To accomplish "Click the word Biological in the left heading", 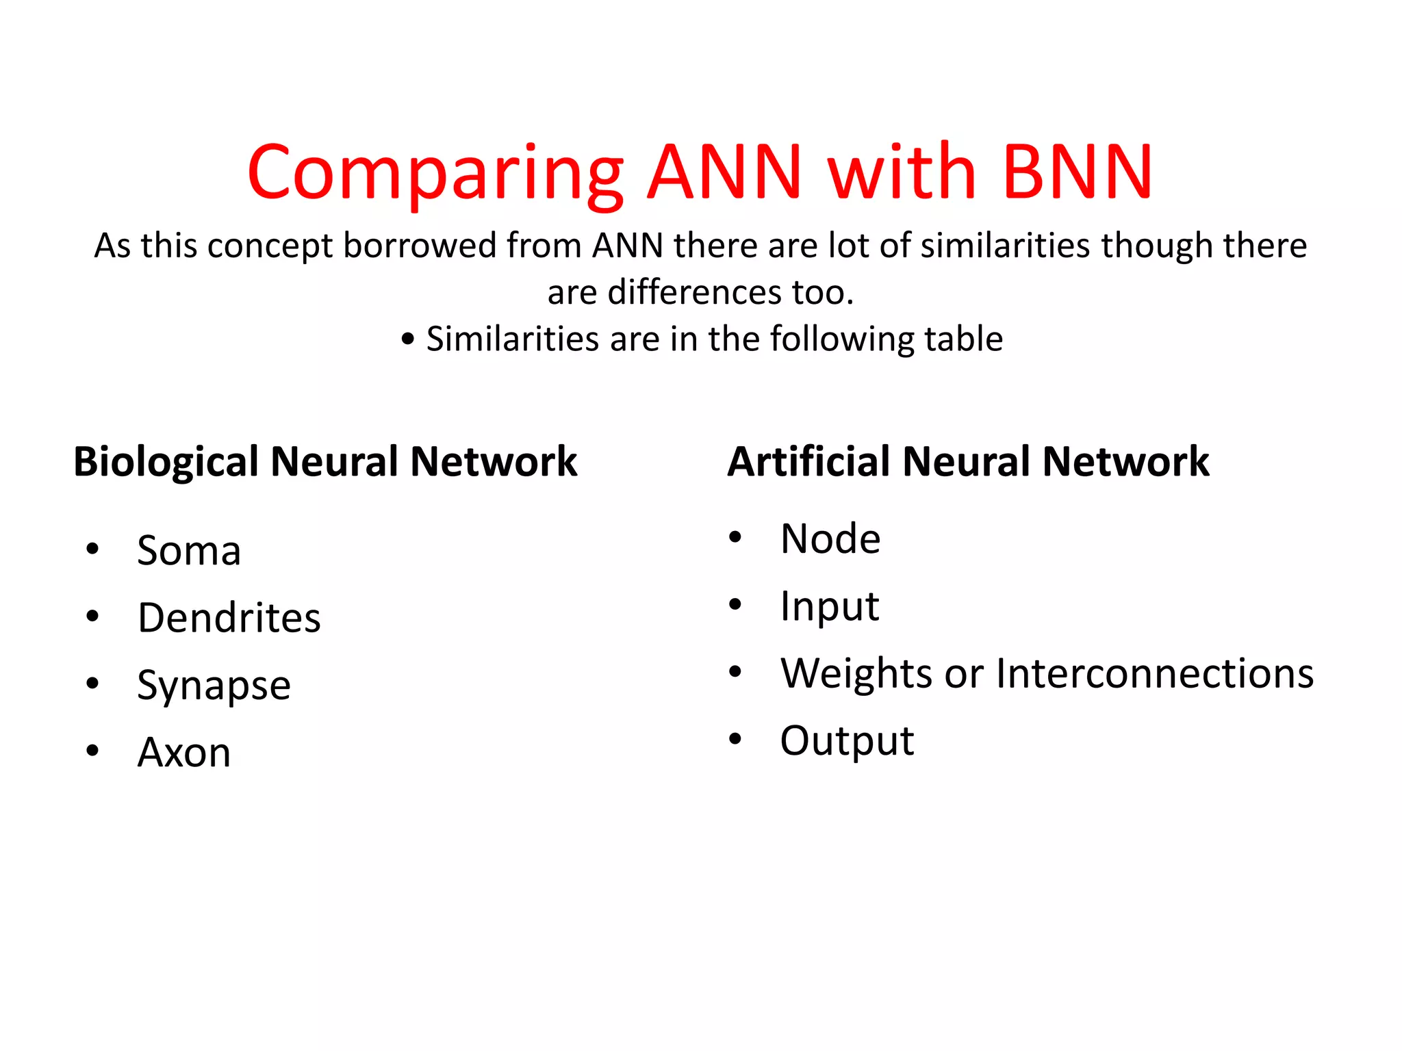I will [x=166, y=462].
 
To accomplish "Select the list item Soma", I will [x=189, y=550].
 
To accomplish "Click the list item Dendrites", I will [x=229, y=618].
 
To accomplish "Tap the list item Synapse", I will [x=214, y=686].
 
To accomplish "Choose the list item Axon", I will [x=183, y=753].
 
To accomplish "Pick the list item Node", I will [x=830, y=539].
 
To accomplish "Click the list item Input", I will [x=829, y=606].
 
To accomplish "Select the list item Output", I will [x=847, y=740].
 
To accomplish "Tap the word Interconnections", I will [x=1154, y=673].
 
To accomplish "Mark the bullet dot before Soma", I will [x=92, y=549].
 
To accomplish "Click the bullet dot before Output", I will [x=735, y=739].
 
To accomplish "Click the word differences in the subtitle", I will [x=694, y=292].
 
